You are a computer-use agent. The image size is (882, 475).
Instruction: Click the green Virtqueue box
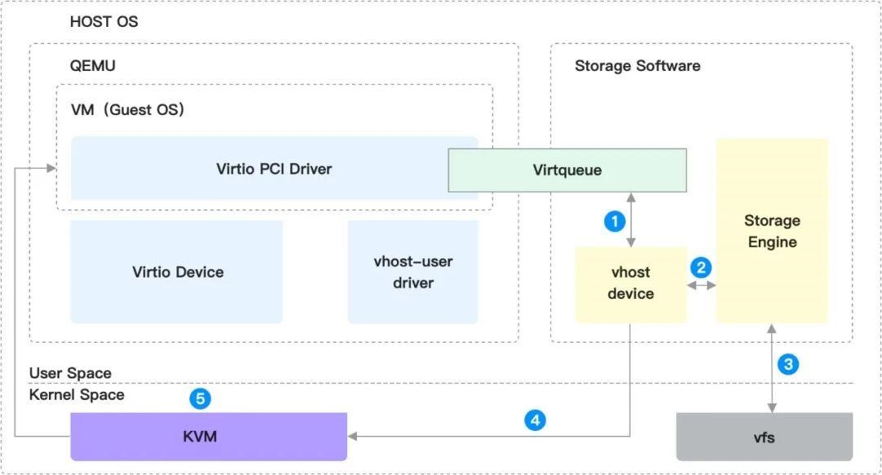click(x=567, y=171)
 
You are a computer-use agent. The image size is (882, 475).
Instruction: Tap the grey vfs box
click(x=764, y=437)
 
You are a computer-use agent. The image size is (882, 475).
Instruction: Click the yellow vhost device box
click(x=630, y=284)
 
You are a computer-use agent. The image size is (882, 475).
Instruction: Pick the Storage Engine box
click(x=772, y=231)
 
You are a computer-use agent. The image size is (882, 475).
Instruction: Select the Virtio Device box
click(x=177, y=272)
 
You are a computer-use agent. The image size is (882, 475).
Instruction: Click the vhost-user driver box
click(x=413, y=272)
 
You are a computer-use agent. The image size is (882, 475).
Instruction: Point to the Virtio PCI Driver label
click(x=274, y=169)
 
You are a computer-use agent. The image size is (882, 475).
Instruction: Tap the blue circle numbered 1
click(x=614, y=220)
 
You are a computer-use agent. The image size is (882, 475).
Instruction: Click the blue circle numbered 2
click(x=701, y=267)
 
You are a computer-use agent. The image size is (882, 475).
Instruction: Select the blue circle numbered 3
click(x=787, y=364)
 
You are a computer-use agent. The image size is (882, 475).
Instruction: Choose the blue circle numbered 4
click(x=534, y=420)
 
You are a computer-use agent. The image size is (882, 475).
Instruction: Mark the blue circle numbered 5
click(x=200, y=399)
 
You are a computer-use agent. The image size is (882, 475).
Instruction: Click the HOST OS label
click(x=104, y=22)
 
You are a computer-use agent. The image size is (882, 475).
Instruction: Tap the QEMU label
click(x=92, y=65)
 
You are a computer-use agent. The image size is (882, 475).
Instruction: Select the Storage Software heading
click(x=637, y=65)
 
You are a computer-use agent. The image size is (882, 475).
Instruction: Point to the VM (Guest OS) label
click(x=127, y=109)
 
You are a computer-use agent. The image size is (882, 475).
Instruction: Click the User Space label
click(x=70, y=373)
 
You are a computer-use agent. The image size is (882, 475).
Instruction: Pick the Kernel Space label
click(x=77, y=395)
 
